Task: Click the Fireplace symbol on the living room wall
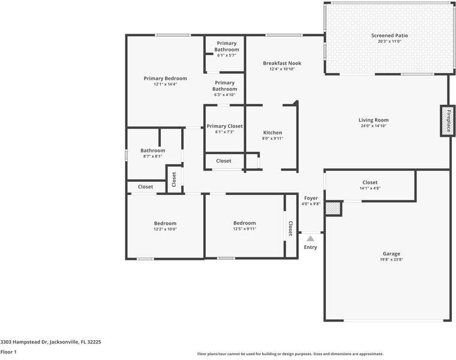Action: point(448,121)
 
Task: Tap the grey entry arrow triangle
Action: point(311,239)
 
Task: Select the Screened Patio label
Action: point(389,35)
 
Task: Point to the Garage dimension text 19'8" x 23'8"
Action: point(391,260)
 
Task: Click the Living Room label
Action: point(373,120)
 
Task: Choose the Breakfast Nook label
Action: point(282,63)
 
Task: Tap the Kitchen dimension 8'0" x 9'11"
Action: point(272,139)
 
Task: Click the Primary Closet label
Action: point(224,126)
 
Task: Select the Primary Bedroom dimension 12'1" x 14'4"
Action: point(166,85)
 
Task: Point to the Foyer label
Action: point(311,198)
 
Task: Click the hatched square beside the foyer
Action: point(333,208)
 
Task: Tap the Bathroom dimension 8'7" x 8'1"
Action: point(152,156)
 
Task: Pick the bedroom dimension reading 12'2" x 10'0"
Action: point(165,229)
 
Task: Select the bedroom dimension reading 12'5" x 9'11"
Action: point(245,229)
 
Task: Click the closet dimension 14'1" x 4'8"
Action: point(370,188)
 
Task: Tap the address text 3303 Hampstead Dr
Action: point(24,342)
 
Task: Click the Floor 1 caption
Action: point(8,352)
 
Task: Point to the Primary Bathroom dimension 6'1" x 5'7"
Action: point(226,55)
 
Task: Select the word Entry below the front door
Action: point(310,247)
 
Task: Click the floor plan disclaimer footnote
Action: point(290,354)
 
